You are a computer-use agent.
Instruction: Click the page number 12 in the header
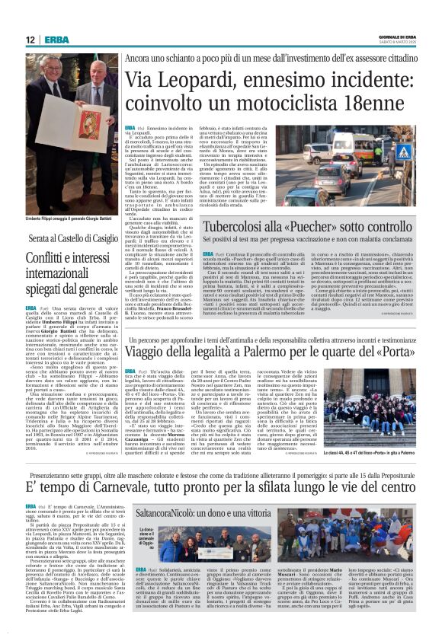(x=30, y=40)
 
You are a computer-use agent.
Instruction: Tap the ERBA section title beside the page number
(x=56, y=40)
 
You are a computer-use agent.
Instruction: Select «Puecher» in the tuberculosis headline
(x=324, y=226)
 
